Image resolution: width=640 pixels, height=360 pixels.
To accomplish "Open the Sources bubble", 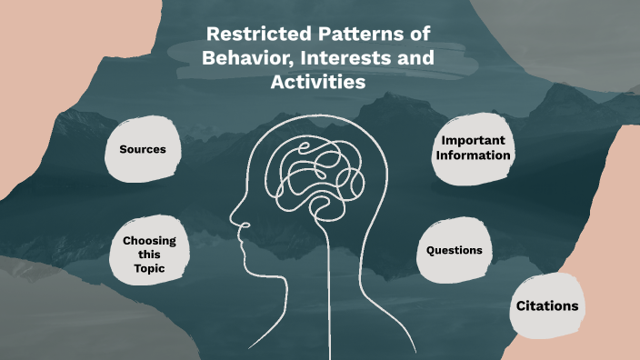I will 143,149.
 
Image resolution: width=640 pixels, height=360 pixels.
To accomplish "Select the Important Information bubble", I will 472,148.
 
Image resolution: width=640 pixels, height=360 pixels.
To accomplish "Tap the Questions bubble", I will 454,250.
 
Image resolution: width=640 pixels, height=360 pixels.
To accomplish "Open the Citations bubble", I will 547,306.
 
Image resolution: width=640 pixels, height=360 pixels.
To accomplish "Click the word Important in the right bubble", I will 473,141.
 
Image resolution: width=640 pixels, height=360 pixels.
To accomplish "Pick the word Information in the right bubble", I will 473,155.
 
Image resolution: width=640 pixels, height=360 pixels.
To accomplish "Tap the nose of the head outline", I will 235,221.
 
